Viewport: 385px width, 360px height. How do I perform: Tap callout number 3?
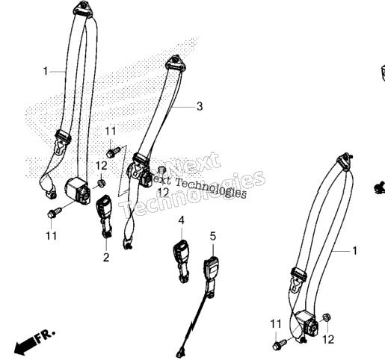[200, 107]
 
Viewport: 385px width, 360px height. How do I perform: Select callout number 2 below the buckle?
[106, 258]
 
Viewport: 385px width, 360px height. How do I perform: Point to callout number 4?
[182, 220]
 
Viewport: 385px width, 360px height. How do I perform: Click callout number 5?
[213, 236]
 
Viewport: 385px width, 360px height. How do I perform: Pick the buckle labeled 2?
[105, 215]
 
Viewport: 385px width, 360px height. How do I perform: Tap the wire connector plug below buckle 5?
[180, 353]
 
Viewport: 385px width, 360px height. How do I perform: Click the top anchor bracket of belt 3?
[176, 63]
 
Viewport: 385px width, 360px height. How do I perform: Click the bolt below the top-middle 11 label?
[114, 152]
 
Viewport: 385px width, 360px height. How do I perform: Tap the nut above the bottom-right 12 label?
[326, 317]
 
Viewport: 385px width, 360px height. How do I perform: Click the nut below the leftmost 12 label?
[101, 183]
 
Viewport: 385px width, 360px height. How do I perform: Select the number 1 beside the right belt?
[354, 251]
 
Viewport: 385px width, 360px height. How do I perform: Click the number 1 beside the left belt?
[46, 71]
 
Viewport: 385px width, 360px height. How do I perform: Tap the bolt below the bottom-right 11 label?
[280, 344]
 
